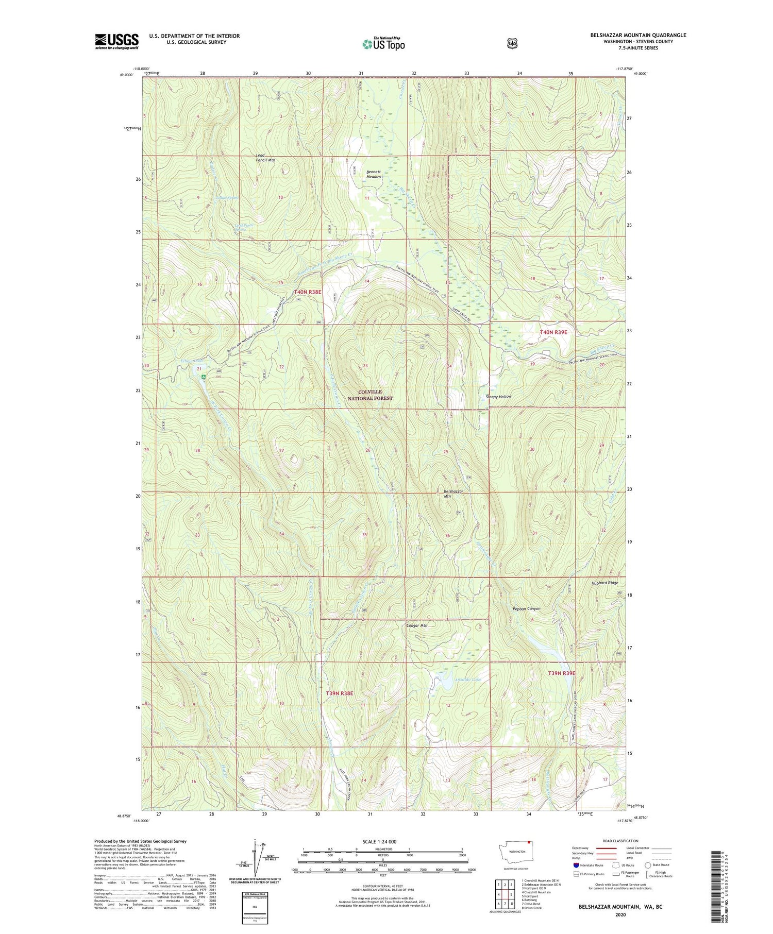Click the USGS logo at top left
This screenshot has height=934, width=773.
click(x=116, y=41)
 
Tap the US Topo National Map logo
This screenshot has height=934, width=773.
click(x=383, y=43)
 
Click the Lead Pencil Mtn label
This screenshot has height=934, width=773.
click(x=265, y=158)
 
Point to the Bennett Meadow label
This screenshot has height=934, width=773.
click(x=374, y=174)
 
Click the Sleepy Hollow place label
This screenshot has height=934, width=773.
click(x=498, y=397)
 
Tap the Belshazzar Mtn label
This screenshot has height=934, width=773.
click(x=453, y=494)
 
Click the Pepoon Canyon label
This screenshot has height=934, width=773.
click(x=526, y=608)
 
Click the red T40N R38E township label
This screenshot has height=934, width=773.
click(x=307, y=292)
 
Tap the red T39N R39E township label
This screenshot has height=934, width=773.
click(x=561, y=673)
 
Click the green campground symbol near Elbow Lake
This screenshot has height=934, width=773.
click(x=204, y=377)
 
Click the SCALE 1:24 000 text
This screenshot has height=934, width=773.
click(x=379, y=841)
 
